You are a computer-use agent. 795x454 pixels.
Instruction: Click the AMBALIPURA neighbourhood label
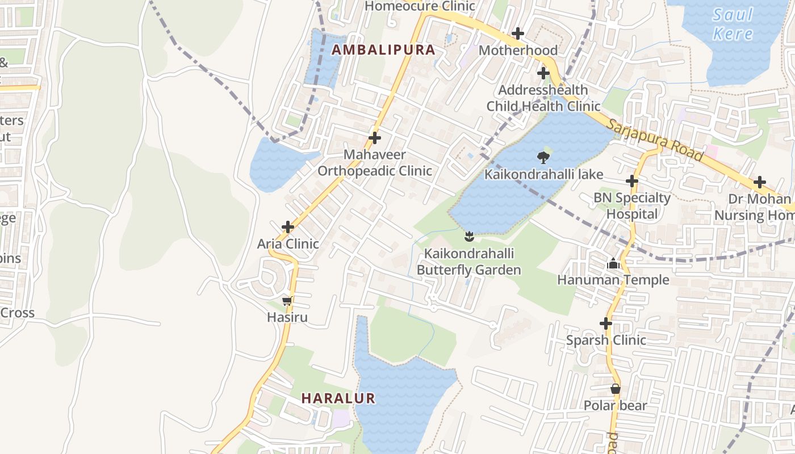click(383, 50)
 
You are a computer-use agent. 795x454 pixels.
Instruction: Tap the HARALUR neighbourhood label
click(338, 398)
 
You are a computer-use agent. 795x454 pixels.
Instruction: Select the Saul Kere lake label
click(733, 24)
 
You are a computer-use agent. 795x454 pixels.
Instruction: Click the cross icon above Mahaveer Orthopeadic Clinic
click(375, 138)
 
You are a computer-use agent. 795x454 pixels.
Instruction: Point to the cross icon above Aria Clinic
click(288, 227)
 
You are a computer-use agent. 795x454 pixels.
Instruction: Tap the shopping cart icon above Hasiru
click(287, 301)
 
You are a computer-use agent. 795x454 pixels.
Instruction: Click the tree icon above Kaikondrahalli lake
click(543, 158)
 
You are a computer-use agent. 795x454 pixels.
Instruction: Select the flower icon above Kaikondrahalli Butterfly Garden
click(469, 236)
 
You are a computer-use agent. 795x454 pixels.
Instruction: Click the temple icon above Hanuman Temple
click(613, 263)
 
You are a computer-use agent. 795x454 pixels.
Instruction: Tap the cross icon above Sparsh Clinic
click(606, 323)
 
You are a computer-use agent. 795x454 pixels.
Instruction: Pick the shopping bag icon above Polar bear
click(615, 389)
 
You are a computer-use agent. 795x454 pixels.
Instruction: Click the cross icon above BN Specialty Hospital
click(632, 181)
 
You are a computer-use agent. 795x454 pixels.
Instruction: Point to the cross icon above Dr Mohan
click(759, 183)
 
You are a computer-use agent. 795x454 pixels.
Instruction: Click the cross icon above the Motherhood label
click(518, 33)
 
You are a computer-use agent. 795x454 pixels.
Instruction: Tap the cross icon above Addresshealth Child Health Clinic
click(543, 73)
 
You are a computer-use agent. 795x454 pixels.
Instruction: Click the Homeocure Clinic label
click(420, 6)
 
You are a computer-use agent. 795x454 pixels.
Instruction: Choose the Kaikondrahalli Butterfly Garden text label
click(469, 261)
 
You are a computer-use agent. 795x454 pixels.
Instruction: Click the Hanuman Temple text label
click(613, 280)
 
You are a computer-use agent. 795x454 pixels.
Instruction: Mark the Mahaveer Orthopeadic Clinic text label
click(375, 163)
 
